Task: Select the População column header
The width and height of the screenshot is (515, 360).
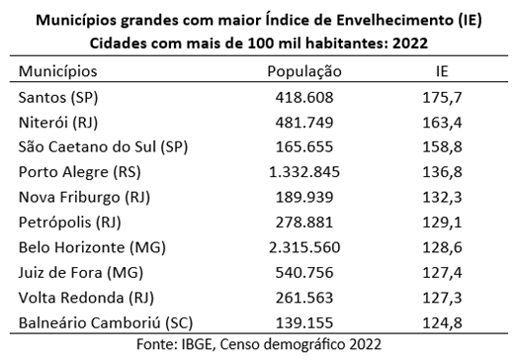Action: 304,71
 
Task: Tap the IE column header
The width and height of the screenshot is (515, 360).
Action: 444,71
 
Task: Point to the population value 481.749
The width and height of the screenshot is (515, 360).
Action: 304,123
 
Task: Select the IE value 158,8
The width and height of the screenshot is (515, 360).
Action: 444,147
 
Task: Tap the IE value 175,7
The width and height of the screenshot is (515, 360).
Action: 444,97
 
